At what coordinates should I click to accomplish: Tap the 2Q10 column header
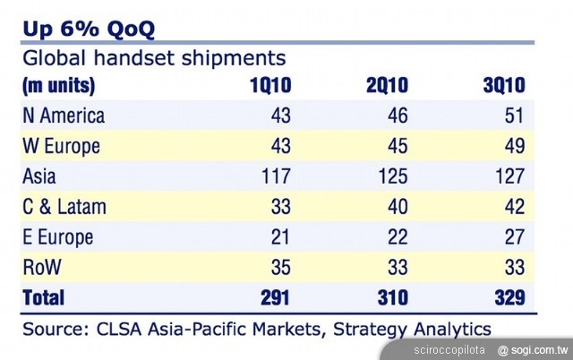point(388,87)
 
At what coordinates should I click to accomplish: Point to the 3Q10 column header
point(504,87)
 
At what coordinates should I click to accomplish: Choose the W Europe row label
point(61,146)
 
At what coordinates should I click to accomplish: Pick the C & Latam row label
point(64,207)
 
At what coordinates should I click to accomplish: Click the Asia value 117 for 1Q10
point(274,176)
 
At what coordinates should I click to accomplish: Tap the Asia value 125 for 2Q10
point(392,176)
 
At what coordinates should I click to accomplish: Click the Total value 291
point(272,296)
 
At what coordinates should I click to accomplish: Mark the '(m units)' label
point(59,87)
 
